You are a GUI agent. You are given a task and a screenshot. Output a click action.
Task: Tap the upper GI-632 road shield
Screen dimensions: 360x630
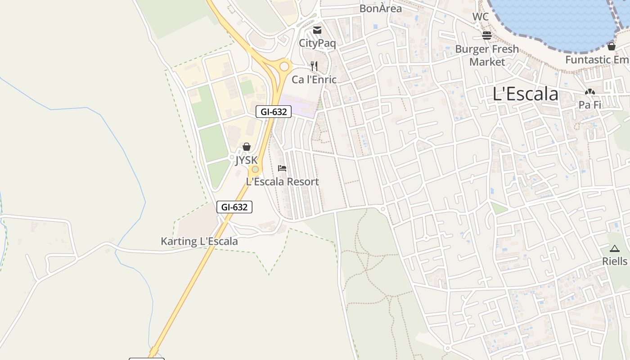click(274, 112)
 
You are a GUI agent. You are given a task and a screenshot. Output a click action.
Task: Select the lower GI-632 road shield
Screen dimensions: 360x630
click(234, 207)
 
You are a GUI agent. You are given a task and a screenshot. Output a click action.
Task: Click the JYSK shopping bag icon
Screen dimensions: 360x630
click(246, 147)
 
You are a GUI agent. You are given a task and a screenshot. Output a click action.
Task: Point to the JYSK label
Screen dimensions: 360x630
click(246, 160)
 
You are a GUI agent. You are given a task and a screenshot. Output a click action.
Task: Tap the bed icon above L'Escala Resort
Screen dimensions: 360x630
click(282, 168)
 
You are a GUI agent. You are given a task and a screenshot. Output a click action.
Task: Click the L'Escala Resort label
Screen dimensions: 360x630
click(282, 182)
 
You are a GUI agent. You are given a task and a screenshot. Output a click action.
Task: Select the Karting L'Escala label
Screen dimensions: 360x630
click(199, 241)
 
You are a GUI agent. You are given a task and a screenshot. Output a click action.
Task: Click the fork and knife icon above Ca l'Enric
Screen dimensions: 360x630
click(314, 66)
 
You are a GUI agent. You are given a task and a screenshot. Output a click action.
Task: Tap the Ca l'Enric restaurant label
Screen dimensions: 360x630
click(314, 80)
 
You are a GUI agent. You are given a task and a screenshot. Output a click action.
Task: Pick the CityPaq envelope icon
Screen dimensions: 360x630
click(317, 30)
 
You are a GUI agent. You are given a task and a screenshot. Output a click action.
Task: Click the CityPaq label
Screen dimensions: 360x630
click(317, 43)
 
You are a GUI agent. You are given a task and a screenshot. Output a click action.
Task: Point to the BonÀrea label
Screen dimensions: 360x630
click(380, 9)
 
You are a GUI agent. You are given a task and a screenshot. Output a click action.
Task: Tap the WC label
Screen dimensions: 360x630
click(480, 17)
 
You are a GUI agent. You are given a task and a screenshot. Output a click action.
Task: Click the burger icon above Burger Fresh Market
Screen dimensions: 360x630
click(487, 35)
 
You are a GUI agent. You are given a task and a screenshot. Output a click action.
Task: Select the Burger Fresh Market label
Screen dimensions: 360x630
click(487, 55)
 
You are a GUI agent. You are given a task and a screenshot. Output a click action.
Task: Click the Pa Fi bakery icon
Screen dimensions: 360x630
click(589, 92)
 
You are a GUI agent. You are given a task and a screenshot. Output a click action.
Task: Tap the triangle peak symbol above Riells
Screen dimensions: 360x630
click(615, 248)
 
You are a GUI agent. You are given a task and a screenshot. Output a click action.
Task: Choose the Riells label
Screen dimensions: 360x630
click(615, 261)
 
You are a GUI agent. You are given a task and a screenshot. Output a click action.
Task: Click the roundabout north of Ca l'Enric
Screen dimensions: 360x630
click(284, 67)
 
